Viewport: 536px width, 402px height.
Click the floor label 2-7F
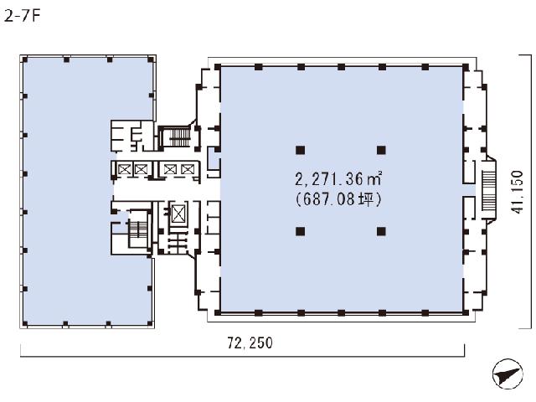(23, 16)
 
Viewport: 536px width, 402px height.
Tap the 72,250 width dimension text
(250, 343)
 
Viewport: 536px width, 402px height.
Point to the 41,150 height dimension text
(518, 192)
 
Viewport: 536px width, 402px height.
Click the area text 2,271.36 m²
(338, 179)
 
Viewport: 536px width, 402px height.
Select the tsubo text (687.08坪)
(338, 199)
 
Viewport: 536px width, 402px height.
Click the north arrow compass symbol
(508, 374)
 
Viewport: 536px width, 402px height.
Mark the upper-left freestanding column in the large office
(300, 150)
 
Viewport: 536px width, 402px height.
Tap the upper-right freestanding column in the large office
(381, 150)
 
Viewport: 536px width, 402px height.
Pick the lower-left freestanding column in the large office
(300, 231)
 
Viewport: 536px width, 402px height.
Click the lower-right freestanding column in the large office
(381, 231)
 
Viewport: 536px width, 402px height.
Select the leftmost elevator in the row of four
(124, 169)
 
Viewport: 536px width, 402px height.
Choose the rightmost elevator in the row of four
(188, 169)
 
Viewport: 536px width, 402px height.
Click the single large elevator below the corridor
(178, 214)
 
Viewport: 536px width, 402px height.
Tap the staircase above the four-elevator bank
(179, 137)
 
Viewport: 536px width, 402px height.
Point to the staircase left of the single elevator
(138, 229)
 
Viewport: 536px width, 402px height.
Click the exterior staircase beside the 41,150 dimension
(488, 190)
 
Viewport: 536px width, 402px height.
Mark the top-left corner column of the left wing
(24, 59)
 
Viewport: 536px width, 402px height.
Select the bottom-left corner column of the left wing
(24, 323)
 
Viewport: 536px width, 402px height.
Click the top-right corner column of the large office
(466, 67)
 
